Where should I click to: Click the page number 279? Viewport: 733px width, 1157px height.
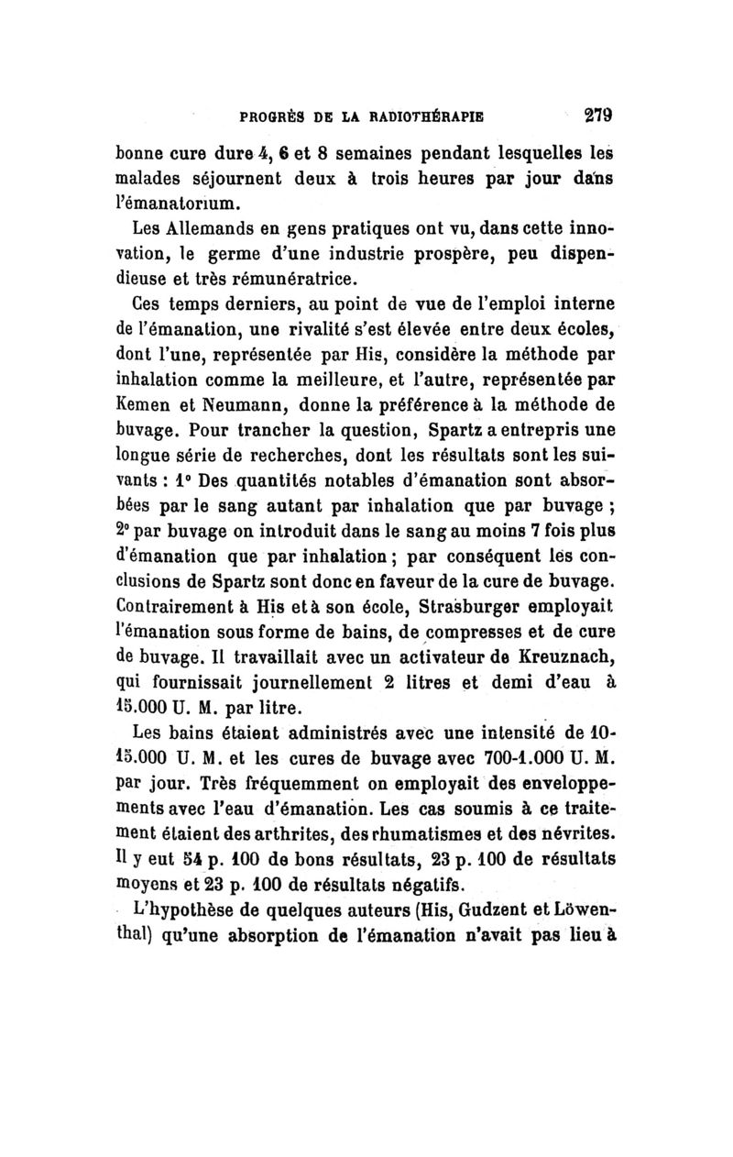(593, 117)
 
